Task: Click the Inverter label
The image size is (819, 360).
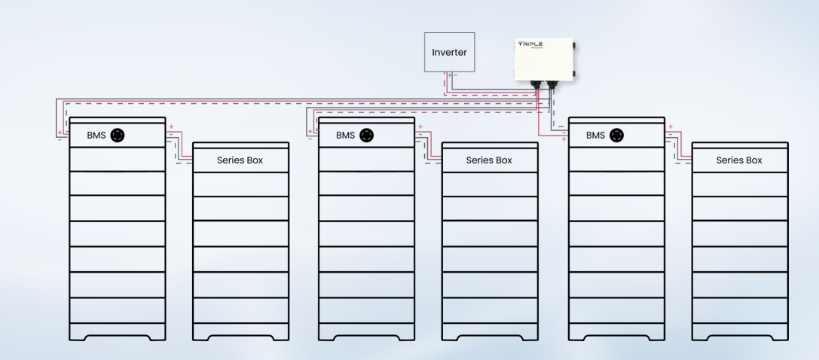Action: point(449,53)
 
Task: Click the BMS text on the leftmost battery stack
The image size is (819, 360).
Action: point(96,136)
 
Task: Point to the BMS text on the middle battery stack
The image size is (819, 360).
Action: point(345,136)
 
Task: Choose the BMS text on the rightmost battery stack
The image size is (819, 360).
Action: point(595,136)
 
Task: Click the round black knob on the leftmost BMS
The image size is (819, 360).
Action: point(118,136)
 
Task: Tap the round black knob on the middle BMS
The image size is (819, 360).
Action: point(367,136)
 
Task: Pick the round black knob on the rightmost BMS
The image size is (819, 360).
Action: point(617,136)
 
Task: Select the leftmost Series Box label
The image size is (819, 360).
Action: point(240,160)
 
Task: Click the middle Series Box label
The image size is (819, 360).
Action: point(489,160)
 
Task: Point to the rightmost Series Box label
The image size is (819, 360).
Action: point(739,160)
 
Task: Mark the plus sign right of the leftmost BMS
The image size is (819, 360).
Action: point(171,127)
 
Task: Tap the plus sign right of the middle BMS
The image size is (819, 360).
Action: point(420,127)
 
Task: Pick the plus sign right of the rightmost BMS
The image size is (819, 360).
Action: point(670,127)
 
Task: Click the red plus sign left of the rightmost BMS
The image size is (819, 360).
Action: point(564,140)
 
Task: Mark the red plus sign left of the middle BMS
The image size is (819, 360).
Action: point(310,132)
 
